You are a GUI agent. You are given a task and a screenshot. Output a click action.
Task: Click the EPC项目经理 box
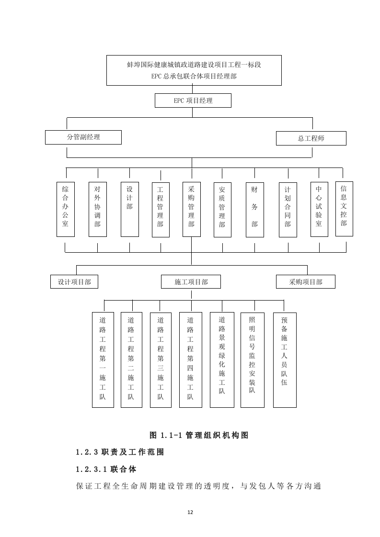pyautogui.click(x=193, y=101)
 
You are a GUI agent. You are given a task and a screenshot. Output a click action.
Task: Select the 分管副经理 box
pyautogui.click(x=83, y=137)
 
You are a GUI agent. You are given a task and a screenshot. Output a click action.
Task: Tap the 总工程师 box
pyautogui.click(x=311, y=138)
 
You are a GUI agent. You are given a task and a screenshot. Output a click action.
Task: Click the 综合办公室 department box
pyautogui.click(x=65, y=209)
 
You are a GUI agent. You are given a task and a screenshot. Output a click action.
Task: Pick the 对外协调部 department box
pyautogui.click(x=97, y=209)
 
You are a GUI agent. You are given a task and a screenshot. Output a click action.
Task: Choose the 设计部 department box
pyautogui.click(x=129, y=209)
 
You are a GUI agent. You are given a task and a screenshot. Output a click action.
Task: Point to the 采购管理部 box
pyautogui.click(x=191, y=209)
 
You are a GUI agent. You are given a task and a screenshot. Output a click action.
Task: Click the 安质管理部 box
pyautogui.click(x=222, y=209)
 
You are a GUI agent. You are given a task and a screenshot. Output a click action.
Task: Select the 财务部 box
pyautogui.click(x=254, y=209)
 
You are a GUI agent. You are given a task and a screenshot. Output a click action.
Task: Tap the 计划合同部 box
pyautogui.click(x=288, y=209)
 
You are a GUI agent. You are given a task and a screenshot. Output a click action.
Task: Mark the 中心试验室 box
pyautogui.click(x=319, y=209)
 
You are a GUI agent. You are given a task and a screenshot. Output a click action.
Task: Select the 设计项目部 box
pyautogui.click(x=74, y=282)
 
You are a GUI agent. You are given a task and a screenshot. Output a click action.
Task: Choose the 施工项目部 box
pyautogui.click(x=191, y=282)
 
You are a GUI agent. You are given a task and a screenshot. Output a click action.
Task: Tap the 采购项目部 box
pyautogui.click(x=305, y=282)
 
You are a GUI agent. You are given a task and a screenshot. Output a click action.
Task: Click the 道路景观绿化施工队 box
pyautogui.click(x=222, y=359)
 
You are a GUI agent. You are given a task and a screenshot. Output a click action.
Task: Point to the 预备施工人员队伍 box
pyautogui.click(x=284, y=359)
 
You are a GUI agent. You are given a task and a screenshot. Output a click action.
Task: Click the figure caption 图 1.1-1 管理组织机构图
pyautogui.click(x=199, y=435)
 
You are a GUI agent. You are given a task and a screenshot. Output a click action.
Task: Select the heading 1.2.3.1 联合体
pyautogui.click(x=106, y=469)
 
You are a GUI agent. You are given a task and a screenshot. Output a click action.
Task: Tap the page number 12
pyautogui.click(x=190, y=512)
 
